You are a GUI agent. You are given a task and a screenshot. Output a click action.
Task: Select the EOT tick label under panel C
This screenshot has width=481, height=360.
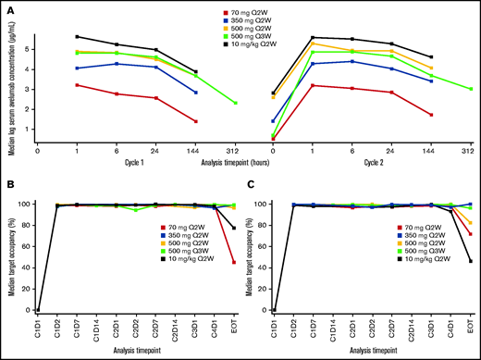tap(472, 320)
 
